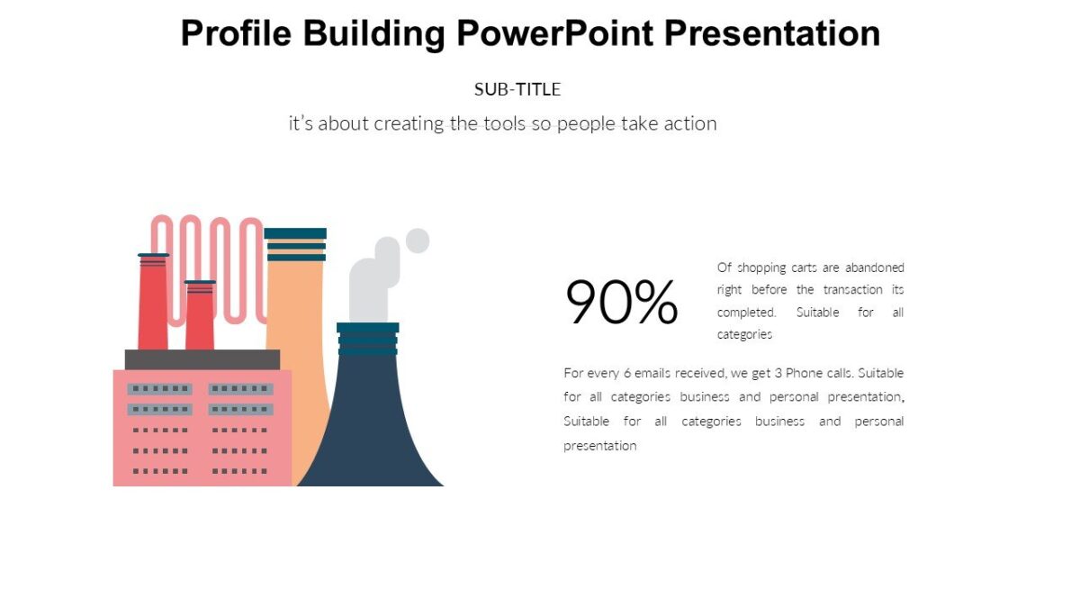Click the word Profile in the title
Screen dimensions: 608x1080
[236, 34]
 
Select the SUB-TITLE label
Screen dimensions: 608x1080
[517, 89]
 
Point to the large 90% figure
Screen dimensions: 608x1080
[621, 303]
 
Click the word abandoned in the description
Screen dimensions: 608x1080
[874, 268]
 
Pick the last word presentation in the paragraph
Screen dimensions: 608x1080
[599, 446]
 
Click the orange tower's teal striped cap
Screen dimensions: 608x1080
[295, 245]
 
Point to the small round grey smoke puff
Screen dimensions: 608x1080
[417, 240]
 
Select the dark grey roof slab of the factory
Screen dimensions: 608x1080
[202, 359]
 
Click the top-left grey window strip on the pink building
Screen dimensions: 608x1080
[159, 389]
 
